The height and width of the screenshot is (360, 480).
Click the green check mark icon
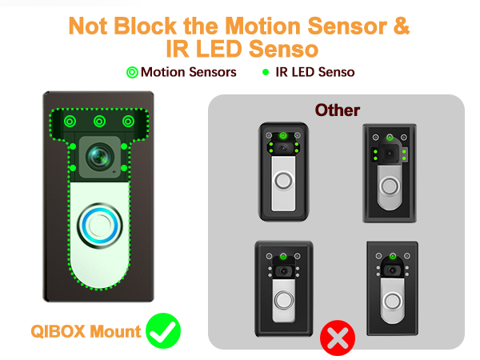tap(163, 330)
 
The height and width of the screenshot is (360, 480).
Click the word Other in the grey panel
tap(337, 110)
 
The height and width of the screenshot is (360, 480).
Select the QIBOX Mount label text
tap(86, 331)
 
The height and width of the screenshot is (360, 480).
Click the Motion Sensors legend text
tap(188, 72)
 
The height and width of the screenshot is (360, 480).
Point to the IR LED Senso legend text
tap(314, 72)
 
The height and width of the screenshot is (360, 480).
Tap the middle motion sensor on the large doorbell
tap(100, 122)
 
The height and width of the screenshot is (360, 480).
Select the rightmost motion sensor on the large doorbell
tap(128, 122)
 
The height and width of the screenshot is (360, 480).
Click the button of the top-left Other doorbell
tap(284, 182)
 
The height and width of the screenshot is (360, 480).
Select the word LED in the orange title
tap(226, 50)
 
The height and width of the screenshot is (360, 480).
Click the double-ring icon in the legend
tap(132, 72)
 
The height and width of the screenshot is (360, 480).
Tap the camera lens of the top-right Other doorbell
tap(390, 154)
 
